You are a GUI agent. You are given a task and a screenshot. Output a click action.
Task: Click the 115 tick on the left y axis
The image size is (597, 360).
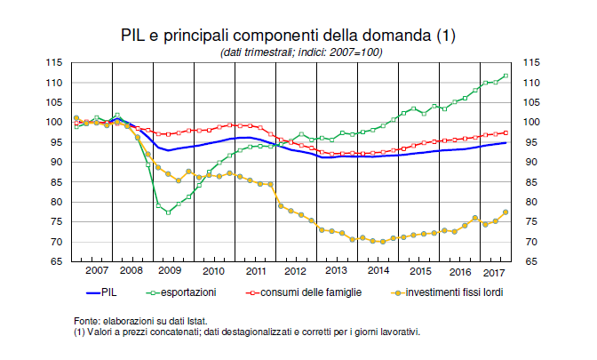click(54, 62)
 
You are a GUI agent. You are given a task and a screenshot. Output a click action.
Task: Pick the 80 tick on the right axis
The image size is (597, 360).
click(529, 202)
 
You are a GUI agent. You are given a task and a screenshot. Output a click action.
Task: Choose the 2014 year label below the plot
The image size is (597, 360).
click(378, 270)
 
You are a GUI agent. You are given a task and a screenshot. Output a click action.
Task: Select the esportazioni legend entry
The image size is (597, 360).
click(189, 291)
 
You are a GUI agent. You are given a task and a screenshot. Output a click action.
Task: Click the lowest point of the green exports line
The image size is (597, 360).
click(168, 212)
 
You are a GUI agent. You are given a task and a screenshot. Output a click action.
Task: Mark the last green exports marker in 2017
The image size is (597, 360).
click(505, 76)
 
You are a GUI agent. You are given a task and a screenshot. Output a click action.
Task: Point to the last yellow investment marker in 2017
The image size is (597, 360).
click(505, 212)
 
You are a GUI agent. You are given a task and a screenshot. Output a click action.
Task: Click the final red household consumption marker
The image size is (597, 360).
click(505, 132)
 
